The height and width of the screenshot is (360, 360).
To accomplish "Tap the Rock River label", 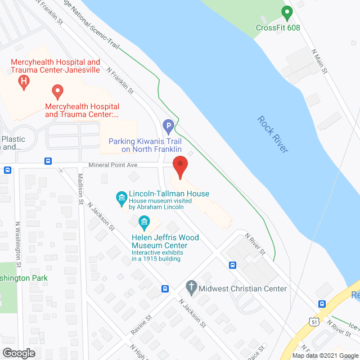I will [273, 134].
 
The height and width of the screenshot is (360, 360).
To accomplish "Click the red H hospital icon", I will [24, 82].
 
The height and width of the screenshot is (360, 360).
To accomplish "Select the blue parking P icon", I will [167, 125].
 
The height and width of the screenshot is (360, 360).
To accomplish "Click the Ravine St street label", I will [141, 325].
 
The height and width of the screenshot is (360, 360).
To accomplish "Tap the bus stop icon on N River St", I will [232, 265].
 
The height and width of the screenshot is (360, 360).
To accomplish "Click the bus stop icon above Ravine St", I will [165, 289].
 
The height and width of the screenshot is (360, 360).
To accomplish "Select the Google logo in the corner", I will [18, 353].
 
